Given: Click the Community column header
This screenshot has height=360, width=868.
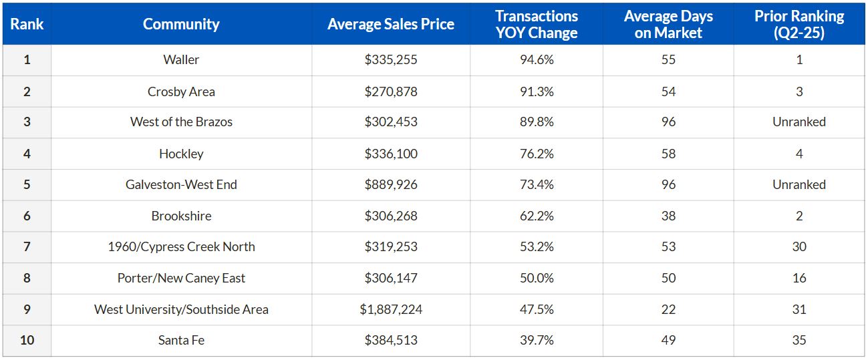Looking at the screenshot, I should click(181, 24).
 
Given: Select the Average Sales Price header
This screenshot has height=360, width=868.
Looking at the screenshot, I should click(391, 24).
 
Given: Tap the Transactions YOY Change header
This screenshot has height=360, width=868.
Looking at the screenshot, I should click(537, 24).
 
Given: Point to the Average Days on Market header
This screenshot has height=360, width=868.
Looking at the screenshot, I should click(668, 24).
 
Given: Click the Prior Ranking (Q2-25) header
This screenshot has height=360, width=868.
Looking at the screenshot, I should click(799, 24).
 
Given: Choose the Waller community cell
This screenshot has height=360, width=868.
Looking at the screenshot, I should click(181, 59).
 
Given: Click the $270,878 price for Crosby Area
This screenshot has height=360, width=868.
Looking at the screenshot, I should click(391, 92).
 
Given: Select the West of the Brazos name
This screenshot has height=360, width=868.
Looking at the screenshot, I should click(181, 122).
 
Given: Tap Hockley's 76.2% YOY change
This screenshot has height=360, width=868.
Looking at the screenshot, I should click(537, 154).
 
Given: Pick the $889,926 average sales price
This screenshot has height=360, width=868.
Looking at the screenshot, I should click(391, 184).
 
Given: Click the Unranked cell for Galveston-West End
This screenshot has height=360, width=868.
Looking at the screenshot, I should click(799, 184).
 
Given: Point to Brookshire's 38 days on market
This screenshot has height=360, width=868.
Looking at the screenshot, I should click(668, 216).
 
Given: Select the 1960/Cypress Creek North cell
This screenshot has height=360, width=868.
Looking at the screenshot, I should click(181, 246).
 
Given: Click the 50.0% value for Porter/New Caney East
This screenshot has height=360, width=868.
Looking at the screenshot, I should click(537, 278).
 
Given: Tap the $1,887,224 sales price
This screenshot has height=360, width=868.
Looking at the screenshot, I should click(391, 309).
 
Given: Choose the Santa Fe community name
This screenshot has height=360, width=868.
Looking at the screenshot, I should click(181, 340).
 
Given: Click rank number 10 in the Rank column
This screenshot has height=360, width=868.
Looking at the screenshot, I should click(27, 340).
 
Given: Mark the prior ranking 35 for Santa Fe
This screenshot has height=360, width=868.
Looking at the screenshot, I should click(799, 340).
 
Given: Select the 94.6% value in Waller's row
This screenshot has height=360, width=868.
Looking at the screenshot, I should click(537, 59).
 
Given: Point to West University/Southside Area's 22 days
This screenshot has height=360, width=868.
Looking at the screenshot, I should click(668, 309).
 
